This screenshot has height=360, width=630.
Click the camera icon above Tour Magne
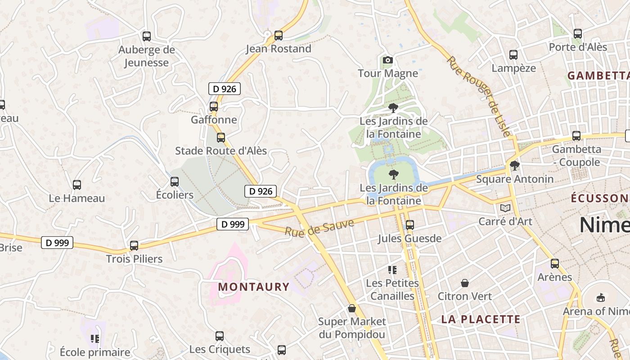pyautogui.click(x=387, y=60)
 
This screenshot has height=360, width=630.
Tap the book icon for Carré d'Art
pyautogui.click(x=505, y=208)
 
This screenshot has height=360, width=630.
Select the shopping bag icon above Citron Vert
pyautogui.click(x=465, y=283)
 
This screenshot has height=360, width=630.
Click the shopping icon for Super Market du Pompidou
pyautogui.click(x=352, y=308)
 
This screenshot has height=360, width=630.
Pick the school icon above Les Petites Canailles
pyautogui.click(x=392, y=270)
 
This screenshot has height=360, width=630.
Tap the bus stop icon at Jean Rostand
pyautogui.click(x=279, y=36)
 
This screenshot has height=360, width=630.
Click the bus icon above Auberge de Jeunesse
pyautogui.click(x=147, y=36)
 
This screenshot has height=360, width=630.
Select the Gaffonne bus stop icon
pyautogui.click(x=214, y=107)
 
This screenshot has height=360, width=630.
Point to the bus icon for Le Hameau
pyautogui.click(x=77, y=185)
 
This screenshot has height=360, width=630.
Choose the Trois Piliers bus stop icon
pyautogui.click(x=134, y=246)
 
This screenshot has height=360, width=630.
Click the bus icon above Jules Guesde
pyautogui.click(x=409, y=225)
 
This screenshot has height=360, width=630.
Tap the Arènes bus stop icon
pyautogui.click(x=555, y=264)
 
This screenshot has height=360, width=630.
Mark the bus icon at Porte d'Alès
pyautogui.click(x=578, y=34)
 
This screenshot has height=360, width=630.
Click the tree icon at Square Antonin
pyautogui.click(x=514, y=166)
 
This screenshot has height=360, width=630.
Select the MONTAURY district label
pyautogui.click(x=254, y=287)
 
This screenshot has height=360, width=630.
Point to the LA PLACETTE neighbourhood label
pyautogui.click(x=481, y=319)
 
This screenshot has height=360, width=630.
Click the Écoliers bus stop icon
pyautogui.click(x=175, y=182)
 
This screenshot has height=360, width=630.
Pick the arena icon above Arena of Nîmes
pyautogui.click(x=601, y=297)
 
